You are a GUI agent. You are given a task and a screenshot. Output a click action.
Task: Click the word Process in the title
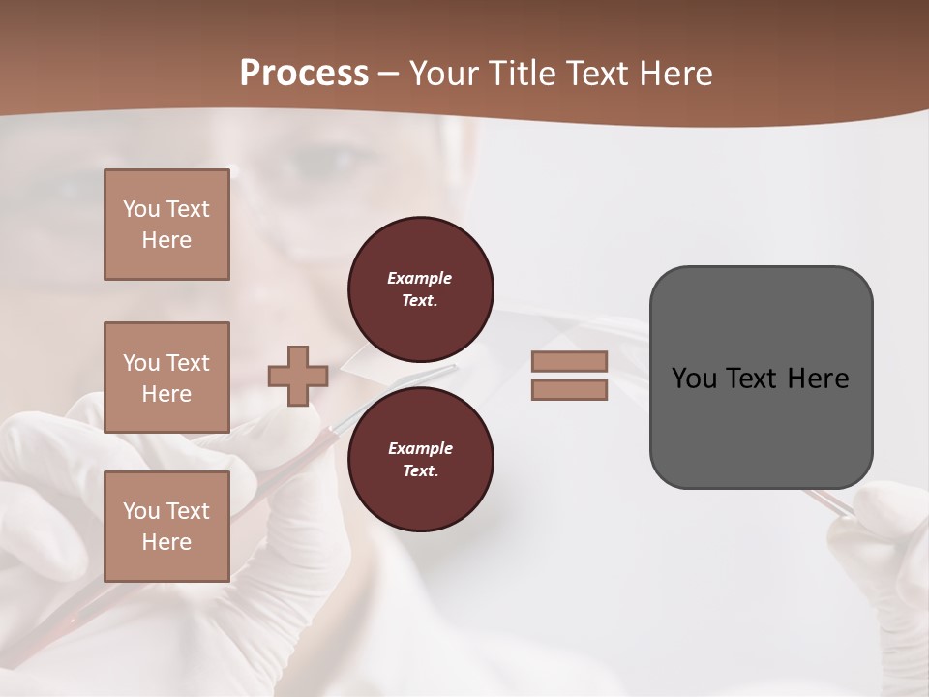pyautogui.click(x=304, y=73)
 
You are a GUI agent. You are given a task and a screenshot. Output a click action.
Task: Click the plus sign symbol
pyautogui.click(x=297, y=376)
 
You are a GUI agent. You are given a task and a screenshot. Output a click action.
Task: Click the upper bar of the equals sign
pyautogui.click(x=569, y=361)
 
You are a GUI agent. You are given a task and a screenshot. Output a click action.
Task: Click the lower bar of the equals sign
pyautogui.click(x=569, y=389)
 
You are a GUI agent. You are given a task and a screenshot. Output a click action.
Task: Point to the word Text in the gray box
pyautogui.click(x=750, y=379)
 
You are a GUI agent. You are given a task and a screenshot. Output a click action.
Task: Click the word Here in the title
pyautogui.click(x=674, y=73)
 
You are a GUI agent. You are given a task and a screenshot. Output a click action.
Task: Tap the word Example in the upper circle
pyautogui.click(x=420, y=278)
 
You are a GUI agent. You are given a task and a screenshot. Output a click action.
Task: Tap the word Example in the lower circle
pyautogui.click(x=420, y=448)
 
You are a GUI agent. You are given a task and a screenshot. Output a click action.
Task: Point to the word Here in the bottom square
pyautogui.click(x=166, y=542)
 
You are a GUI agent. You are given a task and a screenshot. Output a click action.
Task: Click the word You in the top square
pyautogui.click(x=141, y=209)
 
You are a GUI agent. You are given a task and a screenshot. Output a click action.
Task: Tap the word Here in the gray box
pyautogui.click(x=818, y=379)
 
